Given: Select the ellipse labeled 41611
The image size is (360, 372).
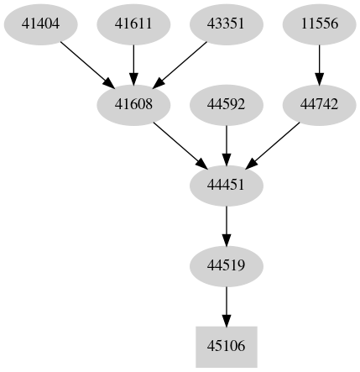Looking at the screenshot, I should (134, 24).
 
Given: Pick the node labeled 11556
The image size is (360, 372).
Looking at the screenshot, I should (319, 24).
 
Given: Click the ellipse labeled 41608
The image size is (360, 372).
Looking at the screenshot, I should (134, 104).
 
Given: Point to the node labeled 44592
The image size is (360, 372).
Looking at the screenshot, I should (226, 104).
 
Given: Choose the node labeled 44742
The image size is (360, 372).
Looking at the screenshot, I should (319, 104).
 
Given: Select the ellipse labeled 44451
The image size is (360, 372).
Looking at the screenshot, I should (226, 184).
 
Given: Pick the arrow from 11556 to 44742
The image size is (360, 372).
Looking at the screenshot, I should (319, 64).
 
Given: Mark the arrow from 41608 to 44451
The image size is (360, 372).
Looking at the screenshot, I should (180, 144).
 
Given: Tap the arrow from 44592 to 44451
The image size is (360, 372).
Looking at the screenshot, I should (226, 144).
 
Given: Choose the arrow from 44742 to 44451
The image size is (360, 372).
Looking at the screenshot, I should (273, 144).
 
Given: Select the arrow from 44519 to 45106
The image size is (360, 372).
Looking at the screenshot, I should (226, 303).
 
